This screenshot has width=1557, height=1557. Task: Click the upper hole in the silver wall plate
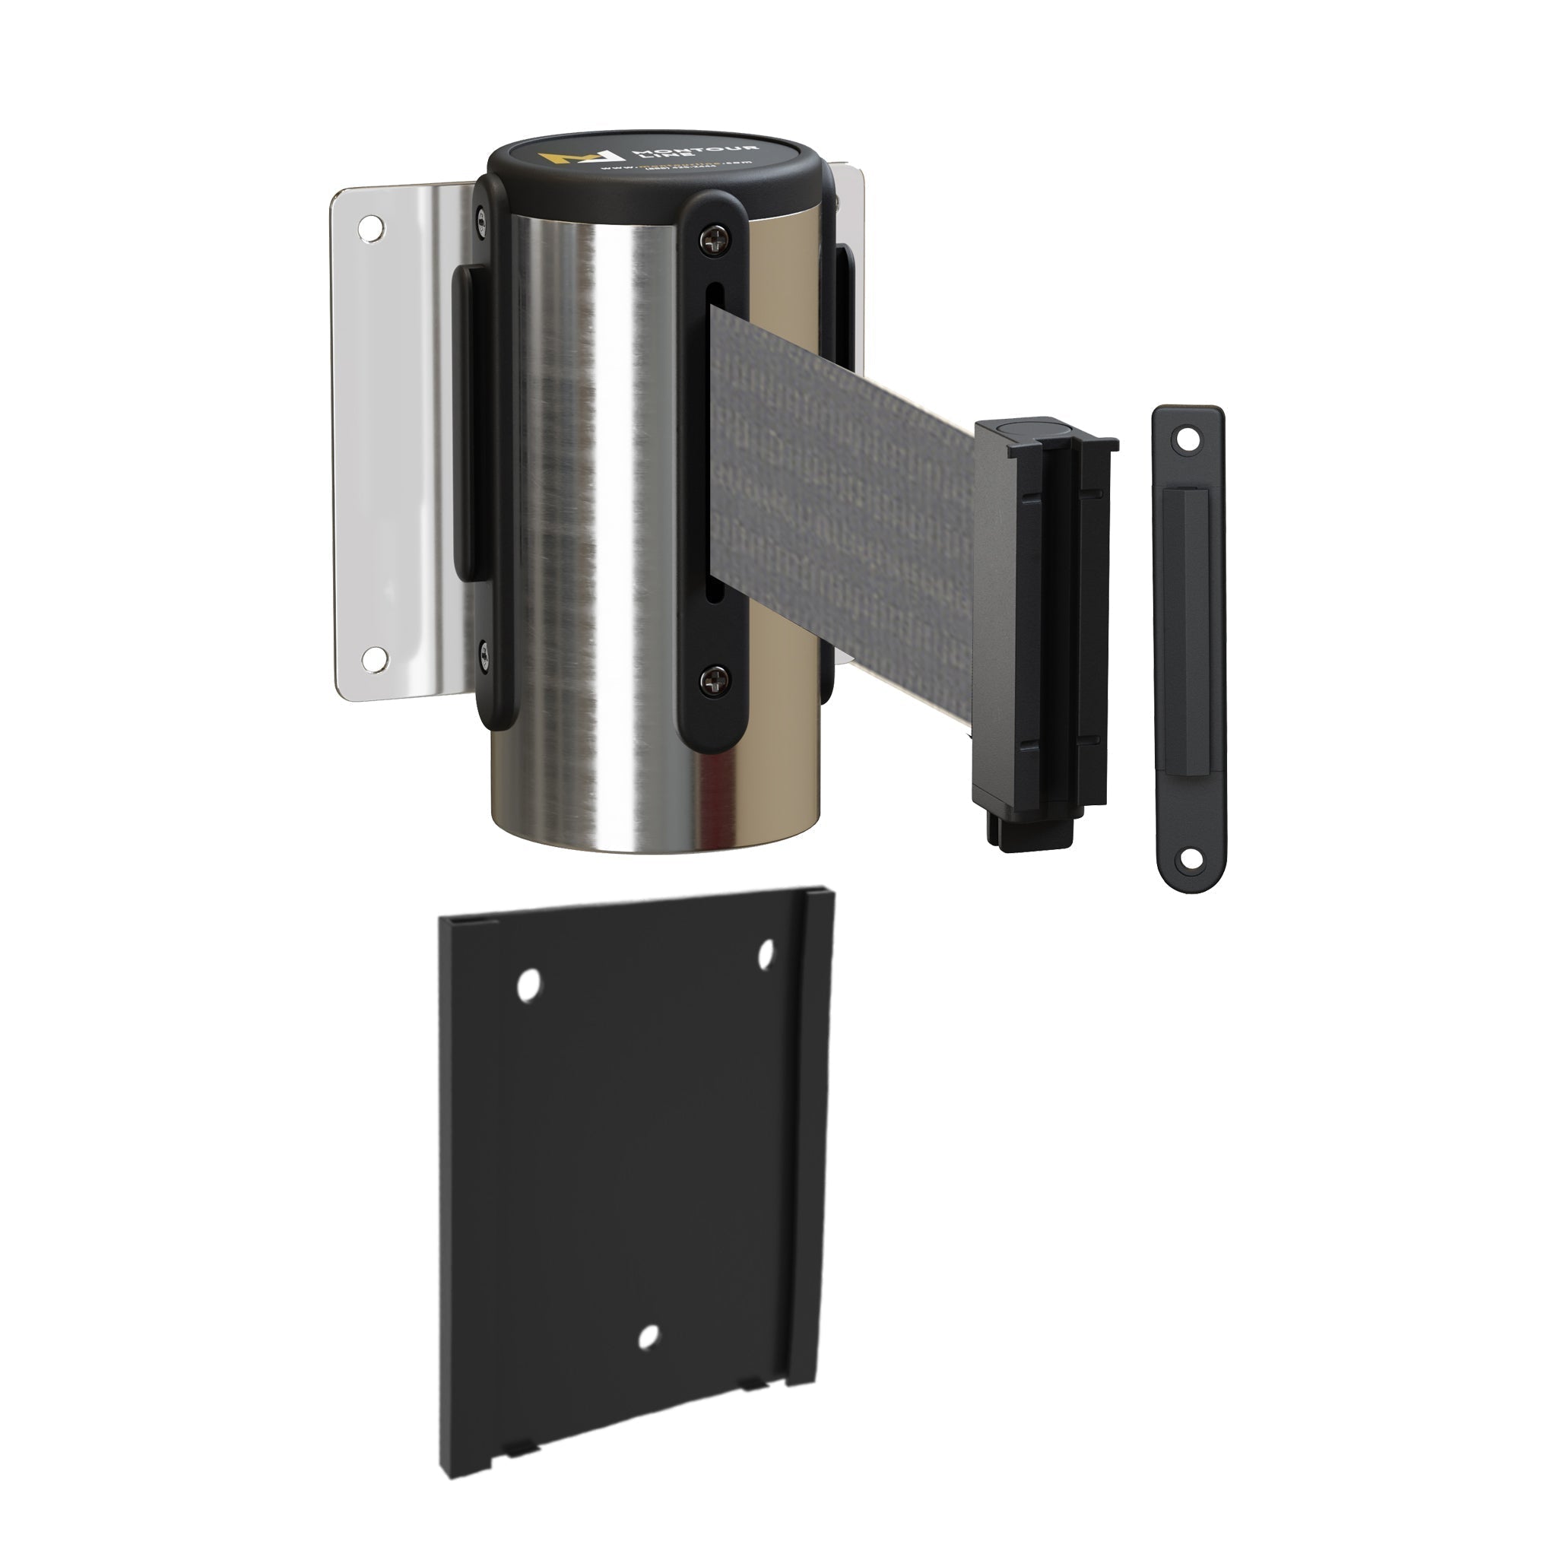(372, 228)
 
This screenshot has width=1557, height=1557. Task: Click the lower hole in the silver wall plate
(373, 658)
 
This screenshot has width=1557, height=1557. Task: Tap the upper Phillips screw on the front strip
(712, 239)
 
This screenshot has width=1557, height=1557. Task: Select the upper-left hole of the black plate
(528, 985)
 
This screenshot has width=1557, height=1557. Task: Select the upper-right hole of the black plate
(766, 953)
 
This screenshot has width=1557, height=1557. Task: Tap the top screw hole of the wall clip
(1186, 439)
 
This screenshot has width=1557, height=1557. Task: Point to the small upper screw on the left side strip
(482, 218)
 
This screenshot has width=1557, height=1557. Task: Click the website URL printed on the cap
(677, 166)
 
